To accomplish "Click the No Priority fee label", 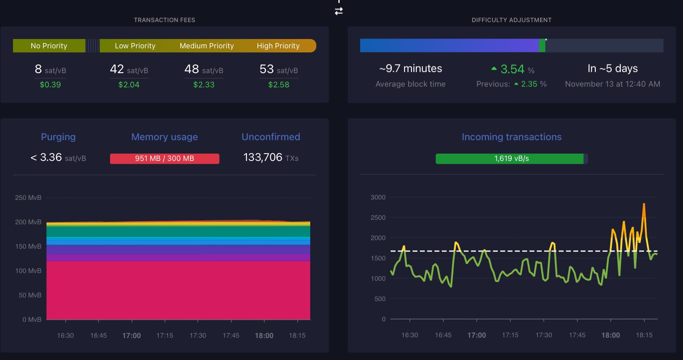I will coord(49,46).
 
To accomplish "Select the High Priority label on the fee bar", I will coord(278,46).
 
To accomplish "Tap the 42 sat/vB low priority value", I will coord(129,69).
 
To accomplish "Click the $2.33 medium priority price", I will coord(204,85).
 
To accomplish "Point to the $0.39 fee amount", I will coord(50,85).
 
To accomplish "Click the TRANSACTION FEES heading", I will coord(164,20).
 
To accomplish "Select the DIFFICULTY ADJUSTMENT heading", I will coord(511,20).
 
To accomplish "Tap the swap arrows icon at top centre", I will coord(339,11).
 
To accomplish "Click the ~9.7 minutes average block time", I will coord(411,69).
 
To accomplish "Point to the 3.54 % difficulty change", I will coord(513,69).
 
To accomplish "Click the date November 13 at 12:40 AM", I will coord(612,84).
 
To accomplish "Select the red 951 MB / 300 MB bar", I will coord(164,158).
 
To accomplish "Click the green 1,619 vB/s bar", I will coord(511,158).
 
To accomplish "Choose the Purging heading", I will coord(58,137).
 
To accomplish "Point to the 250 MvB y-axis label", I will coord(28,198).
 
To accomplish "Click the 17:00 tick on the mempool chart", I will coord(132,336).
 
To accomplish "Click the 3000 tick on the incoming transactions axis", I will coord(378,197).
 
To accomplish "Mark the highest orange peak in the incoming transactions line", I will coord(644,204).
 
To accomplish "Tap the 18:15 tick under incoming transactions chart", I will coord(644,335).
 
